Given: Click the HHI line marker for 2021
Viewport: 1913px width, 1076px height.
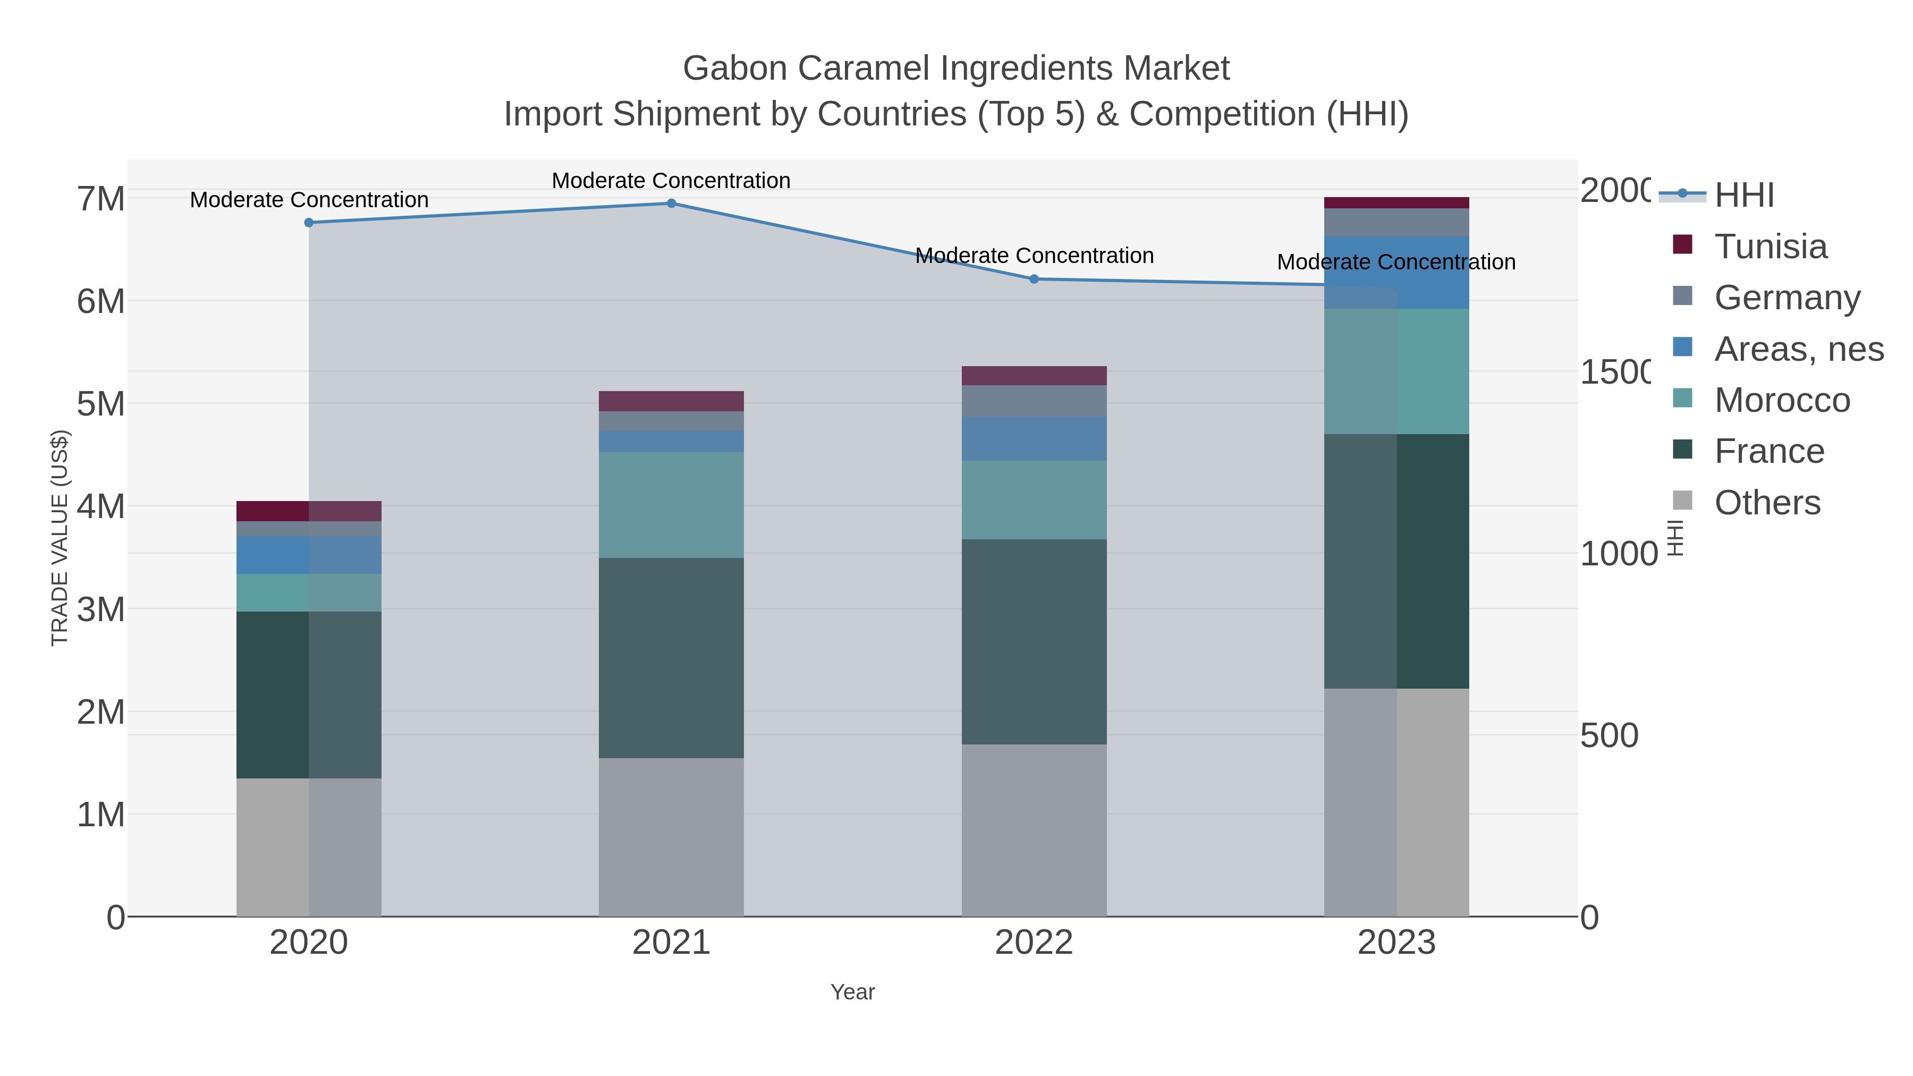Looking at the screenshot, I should [671, 204].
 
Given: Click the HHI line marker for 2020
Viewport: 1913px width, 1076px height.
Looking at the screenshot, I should [309, 223].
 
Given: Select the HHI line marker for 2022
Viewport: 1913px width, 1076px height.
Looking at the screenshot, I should [1034, 279].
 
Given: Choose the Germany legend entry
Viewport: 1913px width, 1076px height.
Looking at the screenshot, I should [1786, 298].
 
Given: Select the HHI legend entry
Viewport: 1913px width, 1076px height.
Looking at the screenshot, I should [1743, 196].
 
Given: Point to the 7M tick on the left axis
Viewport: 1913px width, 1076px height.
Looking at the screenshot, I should [101, 199].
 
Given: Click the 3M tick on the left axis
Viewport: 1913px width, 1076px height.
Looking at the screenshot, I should [101, 609].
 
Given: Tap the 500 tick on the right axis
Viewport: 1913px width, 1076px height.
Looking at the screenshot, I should [1609, 736].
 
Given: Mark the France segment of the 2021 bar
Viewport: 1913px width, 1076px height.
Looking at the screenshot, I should [671, 658].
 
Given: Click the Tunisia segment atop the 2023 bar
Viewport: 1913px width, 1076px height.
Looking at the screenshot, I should [1396, 203].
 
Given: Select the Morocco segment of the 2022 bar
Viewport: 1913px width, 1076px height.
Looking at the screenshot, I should [1034, 500].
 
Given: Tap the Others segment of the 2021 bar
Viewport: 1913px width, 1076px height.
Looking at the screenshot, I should [671, 837].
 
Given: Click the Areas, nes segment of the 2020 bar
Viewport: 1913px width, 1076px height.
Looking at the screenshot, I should [309, 555].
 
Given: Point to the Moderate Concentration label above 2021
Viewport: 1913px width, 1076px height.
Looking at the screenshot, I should [671, 181].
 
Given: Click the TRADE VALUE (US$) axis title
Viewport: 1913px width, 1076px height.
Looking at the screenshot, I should [60, 538].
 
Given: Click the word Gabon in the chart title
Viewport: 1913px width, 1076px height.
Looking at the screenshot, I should [735, 69].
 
